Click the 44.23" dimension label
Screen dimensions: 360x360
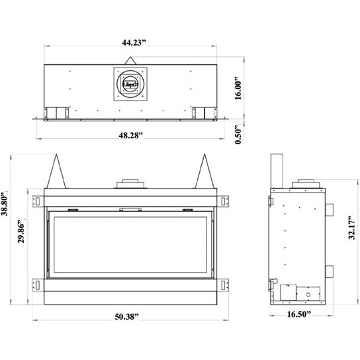pyautogui.click(x=130, y=42)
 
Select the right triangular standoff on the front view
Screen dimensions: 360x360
pyautogui.click(x=204, y=171)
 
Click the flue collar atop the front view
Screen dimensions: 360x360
pyautogui.click(x=128, y=183)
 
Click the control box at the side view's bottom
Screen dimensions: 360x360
pyautogui.click(x=289, y=293)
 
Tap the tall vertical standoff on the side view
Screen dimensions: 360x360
pyautogui.click(x=279, y=171)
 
